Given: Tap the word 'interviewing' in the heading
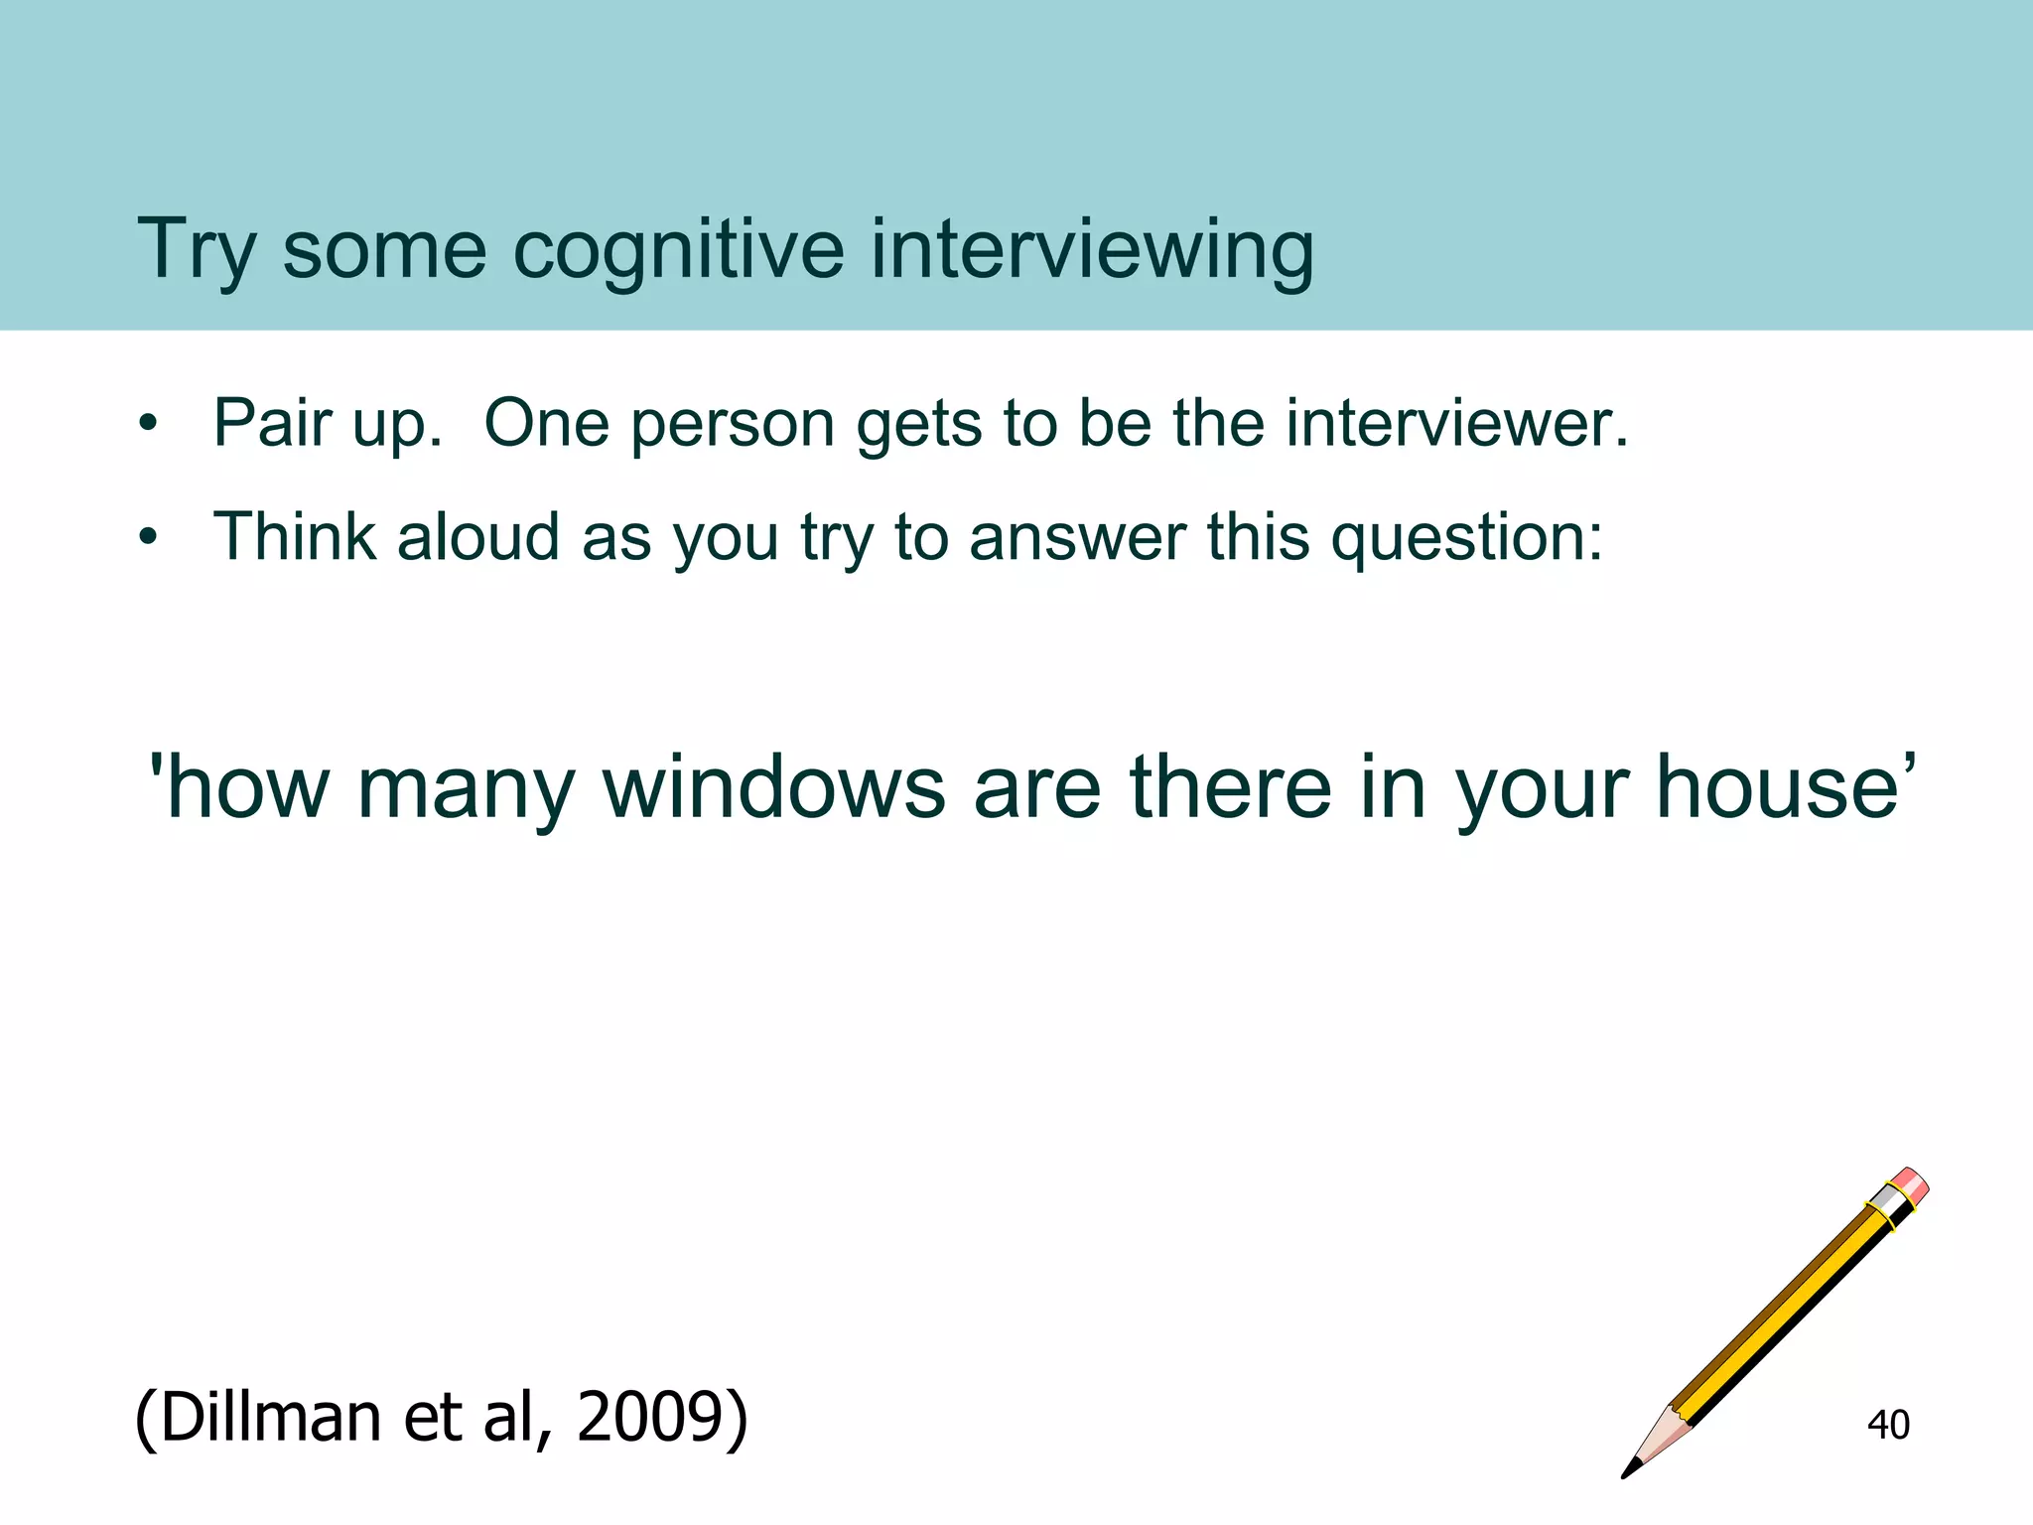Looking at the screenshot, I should tap(1092, 250).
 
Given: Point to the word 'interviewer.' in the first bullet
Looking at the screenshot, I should tap(1457, 424).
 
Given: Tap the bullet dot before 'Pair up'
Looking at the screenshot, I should tap(149, 425).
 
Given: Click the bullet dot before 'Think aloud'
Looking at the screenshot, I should tap(149, 538).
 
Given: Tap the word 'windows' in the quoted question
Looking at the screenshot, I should tap(774, 787).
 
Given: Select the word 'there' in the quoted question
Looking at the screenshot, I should tap(1230, 787).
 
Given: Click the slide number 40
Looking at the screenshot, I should tap(1888, 1425).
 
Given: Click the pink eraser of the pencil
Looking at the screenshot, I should tap(1911, 1184).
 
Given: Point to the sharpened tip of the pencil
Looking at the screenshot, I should tap(1629, 1471).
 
